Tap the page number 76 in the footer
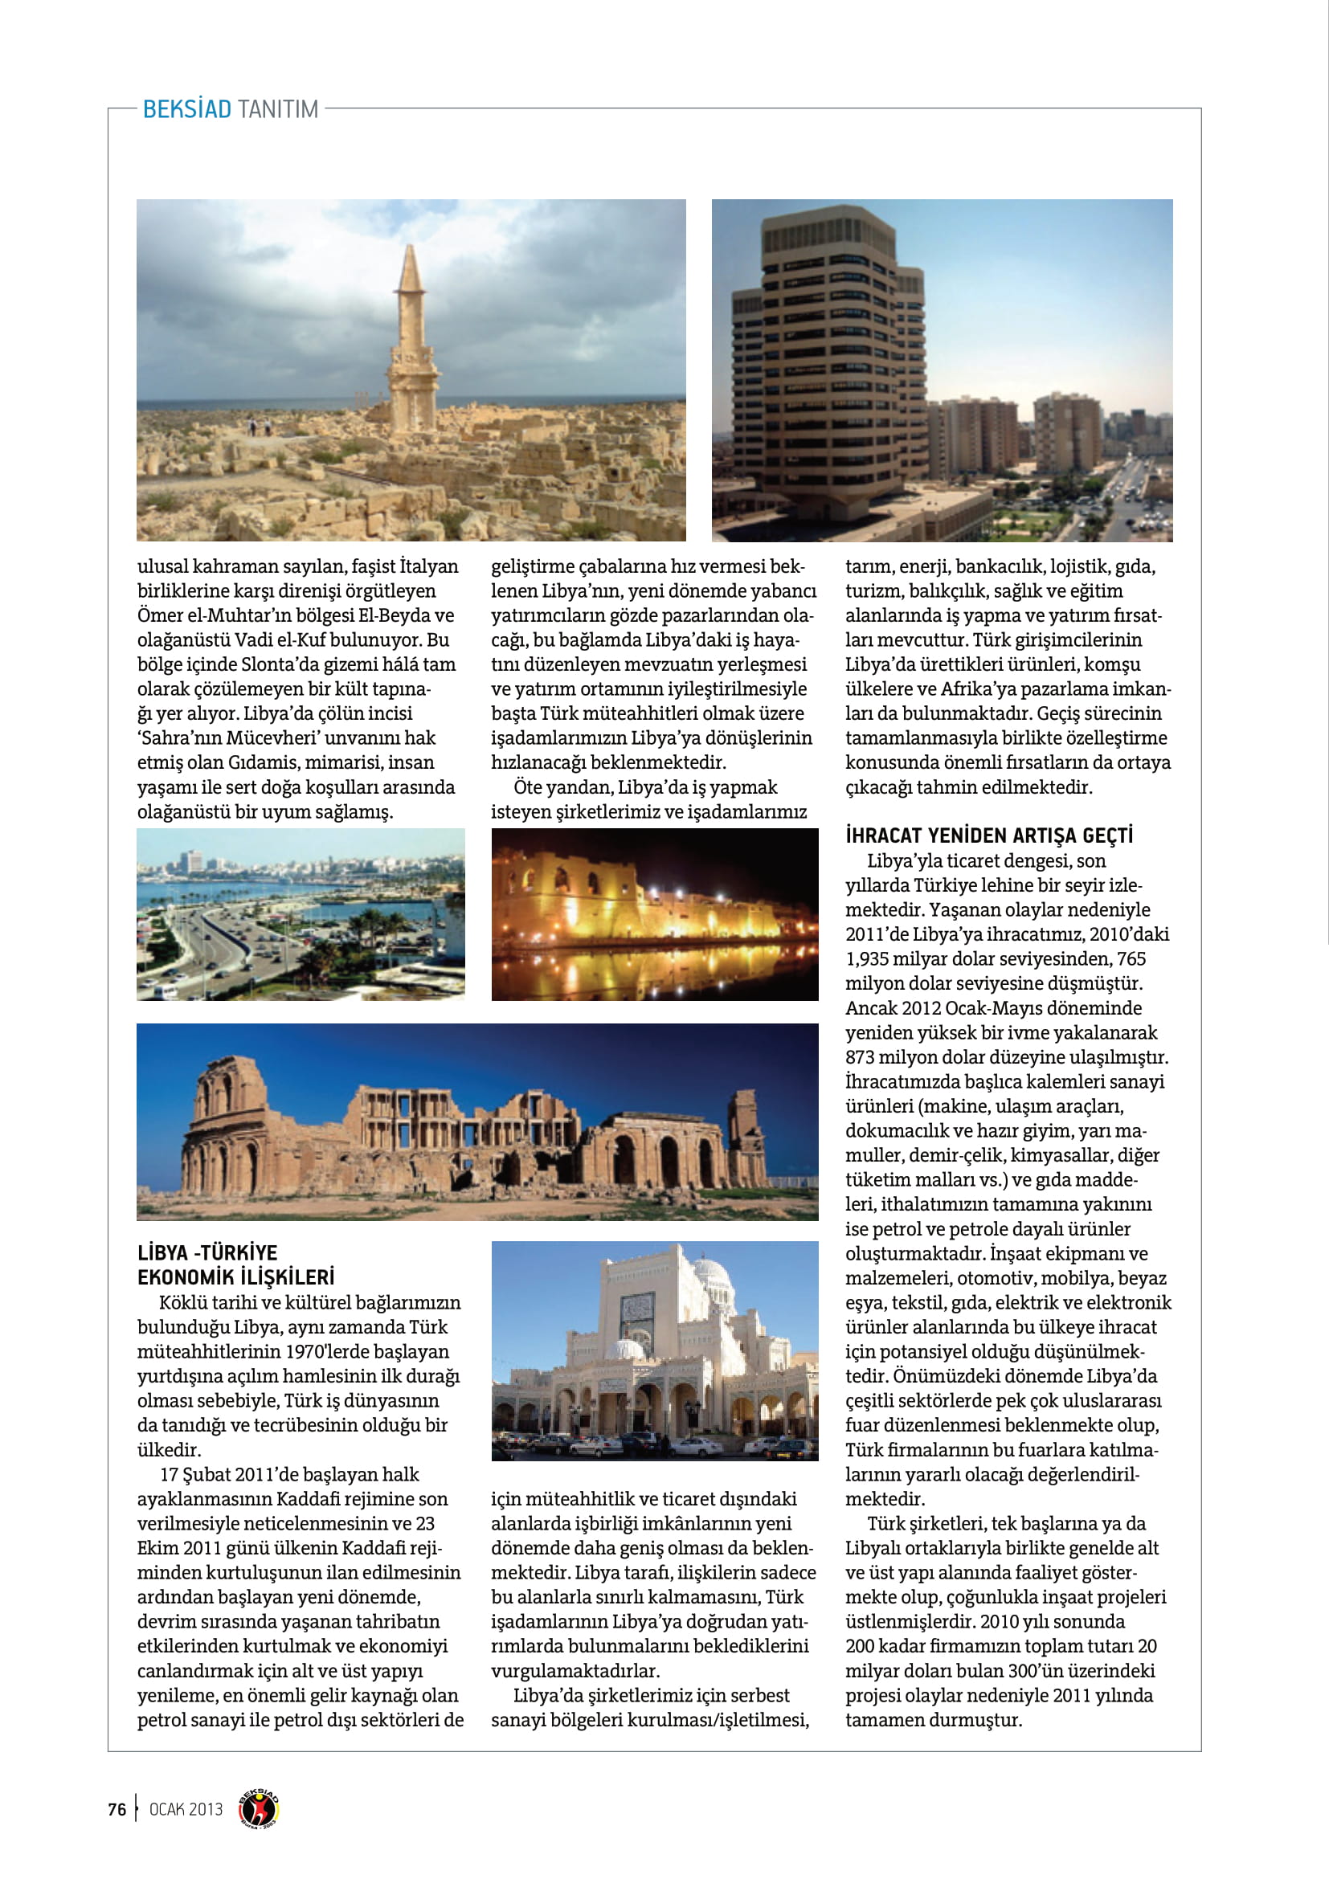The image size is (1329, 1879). (117, 1808)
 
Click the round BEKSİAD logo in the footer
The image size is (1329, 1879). (259, 1808)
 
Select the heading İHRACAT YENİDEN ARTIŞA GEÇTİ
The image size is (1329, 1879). (988, 835)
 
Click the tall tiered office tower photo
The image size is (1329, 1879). (941, 370)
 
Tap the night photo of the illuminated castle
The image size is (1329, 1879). (654, 914)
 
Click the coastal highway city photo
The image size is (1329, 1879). (301, 914)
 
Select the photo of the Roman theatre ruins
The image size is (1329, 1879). (477, 1122)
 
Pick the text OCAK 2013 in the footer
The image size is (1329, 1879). (186, 1808)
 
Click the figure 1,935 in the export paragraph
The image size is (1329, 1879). (873, 959)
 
